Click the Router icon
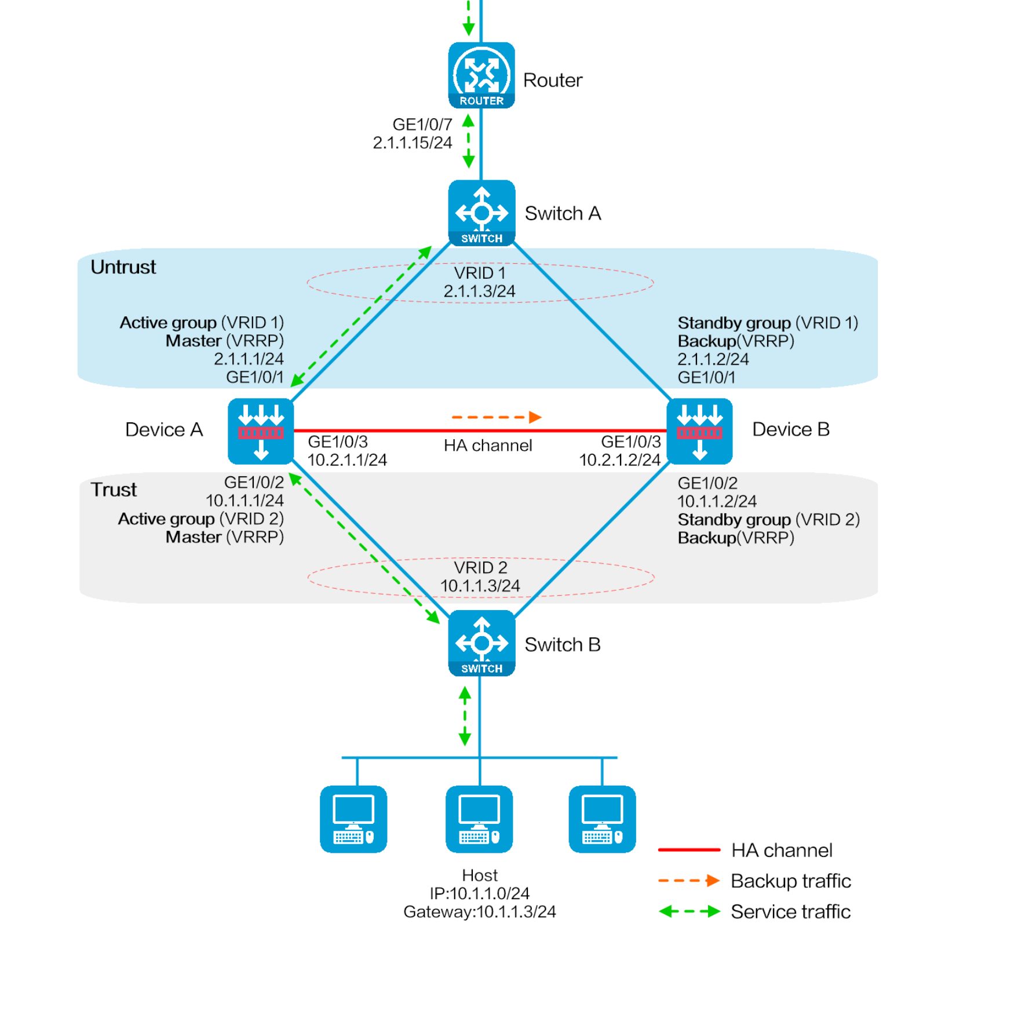pos(481,75)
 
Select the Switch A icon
pos(481,213)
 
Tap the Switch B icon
pos(481,643)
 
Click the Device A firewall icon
pos(261,431)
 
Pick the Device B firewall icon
pos(699,431)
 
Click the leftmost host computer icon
pos(353,819)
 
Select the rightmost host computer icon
pos(602,819)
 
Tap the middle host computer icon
pos(479,819)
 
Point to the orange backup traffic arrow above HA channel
pos(496,417)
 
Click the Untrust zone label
pos(123,267)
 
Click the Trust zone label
pos(114,490)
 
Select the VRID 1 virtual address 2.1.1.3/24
pos(479,291)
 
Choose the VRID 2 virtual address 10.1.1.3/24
pos(480,586)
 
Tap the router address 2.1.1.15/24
pos(412,143)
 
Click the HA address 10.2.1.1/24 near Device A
pos(347,460)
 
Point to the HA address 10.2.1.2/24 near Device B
pos(619,460)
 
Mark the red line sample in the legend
pos(689,850)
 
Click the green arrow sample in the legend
pos(689,911)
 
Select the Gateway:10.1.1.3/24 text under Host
pos(479,911)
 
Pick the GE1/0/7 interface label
pos(422,125)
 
